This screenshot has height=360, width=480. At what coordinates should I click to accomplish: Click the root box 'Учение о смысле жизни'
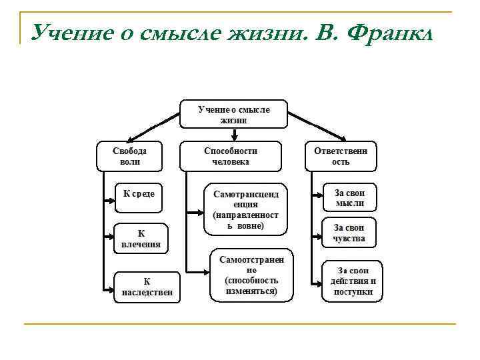[x=234, y=113]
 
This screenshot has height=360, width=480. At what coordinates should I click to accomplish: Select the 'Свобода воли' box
[x=130, y=156]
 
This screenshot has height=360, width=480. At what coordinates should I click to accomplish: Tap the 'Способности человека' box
[x=231, y=156]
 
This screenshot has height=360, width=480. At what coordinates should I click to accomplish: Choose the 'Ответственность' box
[x=341, y=156]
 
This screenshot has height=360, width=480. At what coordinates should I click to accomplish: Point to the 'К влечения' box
[x=141, y=239]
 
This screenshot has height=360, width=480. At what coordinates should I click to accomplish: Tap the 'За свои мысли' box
[x=350, y=197]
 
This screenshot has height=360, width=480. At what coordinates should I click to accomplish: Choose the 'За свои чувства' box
[x=350, y=233]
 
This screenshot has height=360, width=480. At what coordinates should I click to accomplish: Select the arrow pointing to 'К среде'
[x=109, y=198]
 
